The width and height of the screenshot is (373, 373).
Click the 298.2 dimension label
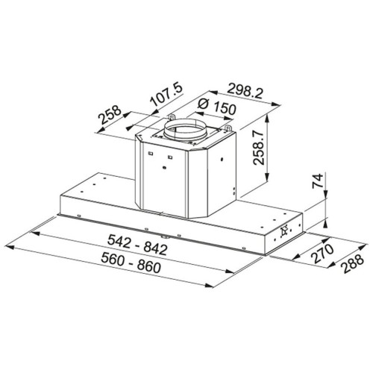pos(245,91)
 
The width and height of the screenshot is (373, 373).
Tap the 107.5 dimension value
pos(167,95)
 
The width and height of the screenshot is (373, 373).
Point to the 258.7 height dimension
pos(258,148)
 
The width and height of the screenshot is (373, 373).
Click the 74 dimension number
pos(318,181)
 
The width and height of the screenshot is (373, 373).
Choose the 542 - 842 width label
pos(137,245)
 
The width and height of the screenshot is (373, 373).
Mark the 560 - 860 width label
pos(131,263)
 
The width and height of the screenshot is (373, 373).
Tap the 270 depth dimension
pos(323,254)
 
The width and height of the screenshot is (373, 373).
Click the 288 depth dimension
pos(351,263)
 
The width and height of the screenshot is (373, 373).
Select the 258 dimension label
pos(110,115)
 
